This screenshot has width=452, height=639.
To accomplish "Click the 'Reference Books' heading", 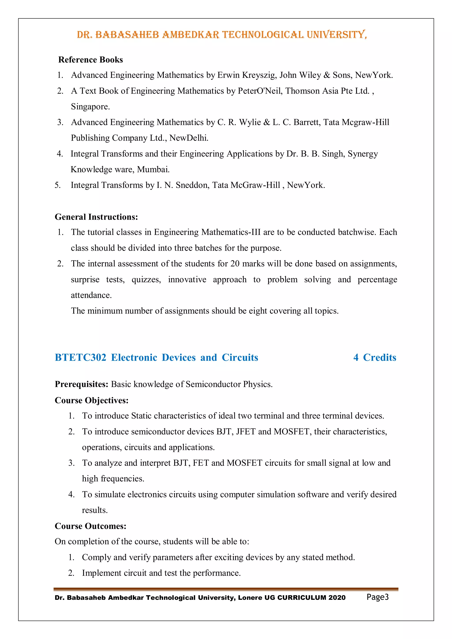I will point(90,60).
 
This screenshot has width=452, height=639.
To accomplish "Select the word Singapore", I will point(90,107).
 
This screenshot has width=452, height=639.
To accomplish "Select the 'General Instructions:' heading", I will point(96,217).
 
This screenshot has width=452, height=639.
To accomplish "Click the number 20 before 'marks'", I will point(235,263).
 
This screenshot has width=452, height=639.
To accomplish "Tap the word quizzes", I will point(146,279).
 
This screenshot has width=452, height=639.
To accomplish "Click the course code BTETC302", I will point(80,357).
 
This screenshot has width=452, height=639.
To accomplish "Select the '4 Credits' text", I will point(375,357).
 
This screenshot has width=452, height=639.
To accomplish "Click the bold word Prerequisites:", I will point(81,384).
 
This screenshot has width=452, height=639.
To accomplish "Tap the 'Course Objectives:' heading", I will point(92,400).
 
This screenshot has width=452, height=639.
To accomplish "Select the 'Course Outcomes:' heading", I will point(90,526).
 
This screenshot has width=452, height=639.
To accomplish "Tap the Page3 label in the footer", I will point(377,597).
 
